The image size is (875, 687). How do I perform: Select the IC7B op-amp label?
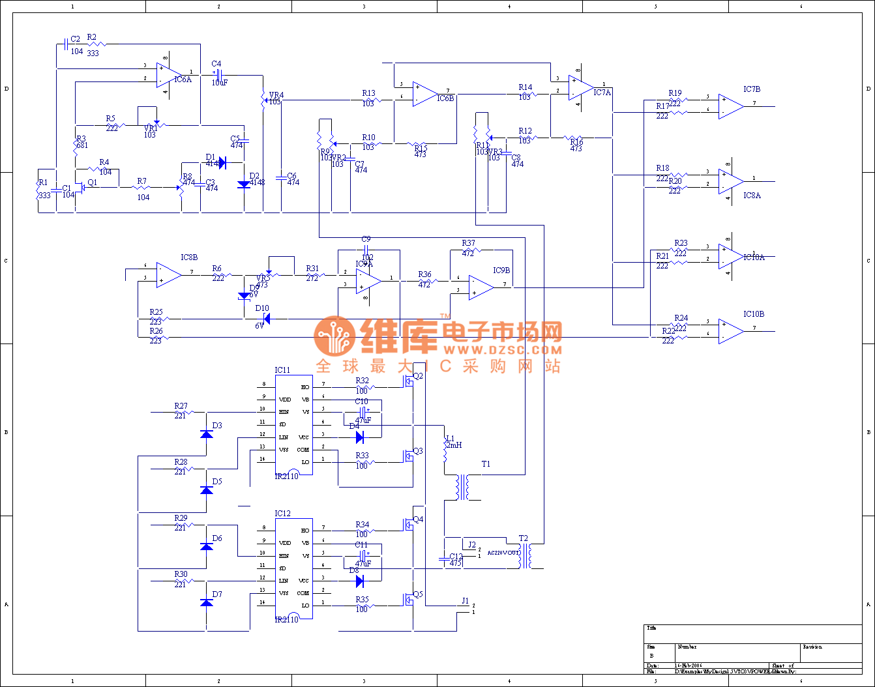coord(751,89)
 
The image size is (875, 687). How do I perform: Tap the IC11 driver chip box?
coord(293,425)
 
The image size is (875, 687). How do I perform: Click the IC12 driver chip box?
coord(293,568)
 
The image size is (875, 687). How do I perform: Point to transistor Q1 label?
coord(93,183)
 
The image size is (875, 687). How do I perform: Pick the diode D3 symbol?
coord(207,434)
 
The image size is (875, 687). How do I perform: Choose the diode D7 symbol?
coord(207,603)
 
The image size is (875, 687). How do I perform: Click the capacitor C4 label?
coord(216,64)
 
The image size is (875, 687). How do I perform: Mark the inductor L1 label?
coord(450,439)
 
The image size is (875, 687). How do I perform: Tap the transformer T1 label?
coord(486,464)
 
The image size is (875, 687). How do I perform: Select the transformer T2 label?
coord(523,538)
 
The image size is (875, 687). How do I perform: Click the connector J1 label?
coord(465,601)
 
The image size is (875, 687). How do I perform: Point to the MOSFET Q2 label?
coord(418,376)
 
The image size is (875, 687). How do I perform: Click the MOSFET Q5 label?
coord(418,594)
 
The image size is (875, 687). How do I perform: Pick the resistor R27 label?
coord(181,406)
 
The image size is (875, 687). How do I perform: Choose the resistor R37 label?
coord(468,244)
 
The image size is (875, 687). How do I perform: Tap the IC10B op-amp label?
coord(753,314)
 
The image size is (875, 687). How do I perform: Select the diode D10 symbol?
coord(265,319)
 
